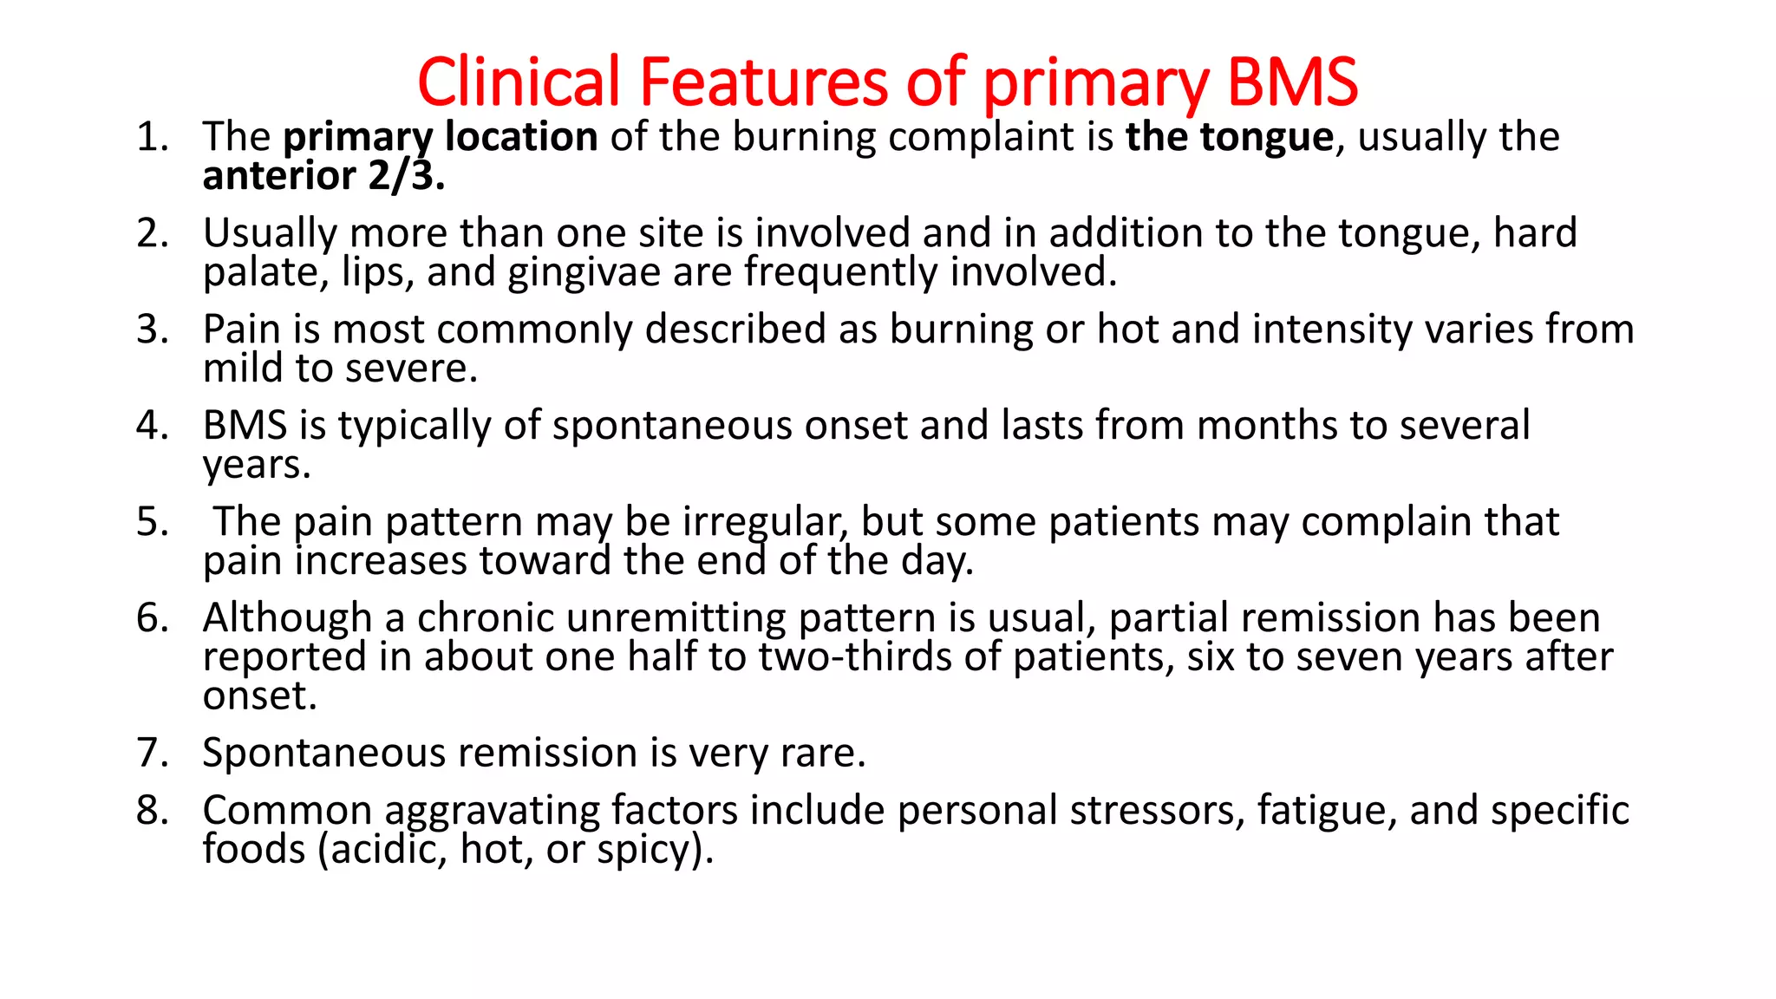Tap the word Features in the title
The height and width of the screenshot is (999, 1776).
coord(764,82)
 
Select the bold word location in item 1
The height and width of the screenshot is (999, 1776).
coord(521,137)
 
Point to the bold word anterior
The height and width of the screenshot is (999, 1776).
coord(279,176)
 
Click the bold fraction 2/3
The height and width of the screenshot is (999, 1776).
coord(406,176)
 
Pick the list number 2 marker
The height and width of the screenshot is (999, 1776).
coord(151,233)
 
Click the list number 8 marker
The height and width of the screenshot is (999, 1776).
coord(151,811)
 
